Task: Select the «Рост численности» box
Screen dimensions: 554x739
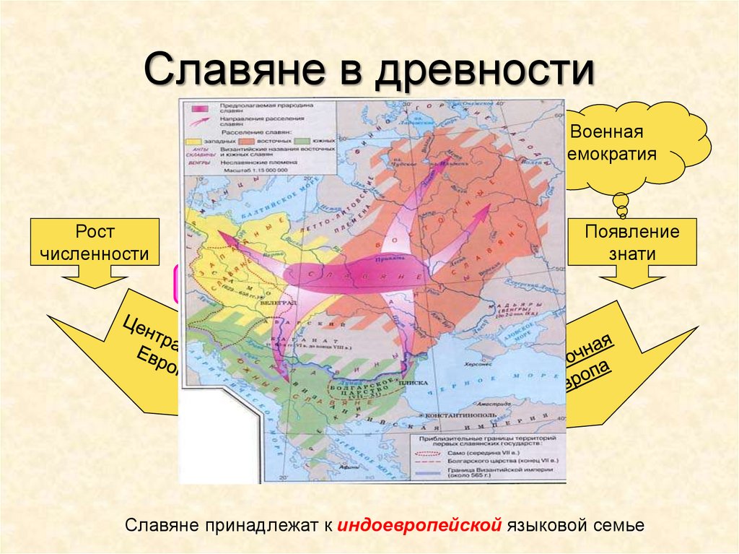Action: (x=95, y=243)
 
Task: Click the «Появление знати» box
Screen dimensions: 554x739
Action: (x=632, y=243)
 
